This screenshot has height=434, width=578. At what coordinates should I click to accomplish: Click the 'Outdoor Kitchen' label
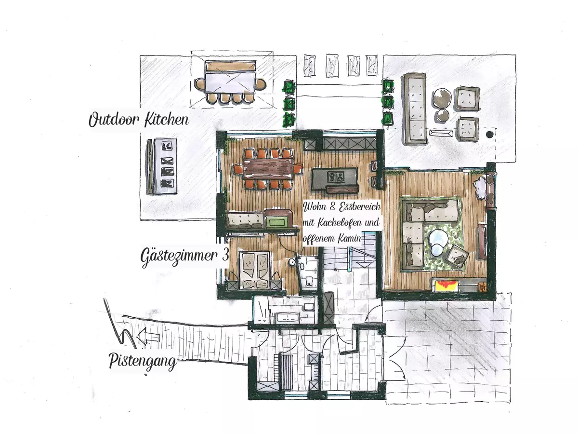click(x=139, y=120)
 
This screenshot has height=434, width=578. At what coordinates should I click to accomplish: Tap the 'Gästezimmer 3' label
click(x=184, y=257)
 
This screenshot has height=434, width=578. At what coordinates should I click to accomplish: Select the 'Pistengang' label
click(x=143, y=362)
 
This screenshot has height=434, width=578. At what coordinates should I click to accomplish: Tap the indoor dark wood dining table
click(x=268, y=169)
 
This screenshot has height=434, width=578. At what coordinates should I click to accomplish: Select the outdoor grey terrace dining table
click(x=230, y=83)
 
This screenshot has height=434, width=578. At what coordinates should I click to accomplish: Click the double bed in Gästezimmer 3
click(x=254, y=271)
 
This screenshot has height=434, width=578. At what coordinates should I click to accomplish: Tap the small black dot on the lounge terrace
click(x=489, y=135)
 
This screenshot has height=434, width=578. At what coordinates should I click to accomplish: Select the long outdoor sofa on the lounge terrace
click(x=415, y=108)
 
